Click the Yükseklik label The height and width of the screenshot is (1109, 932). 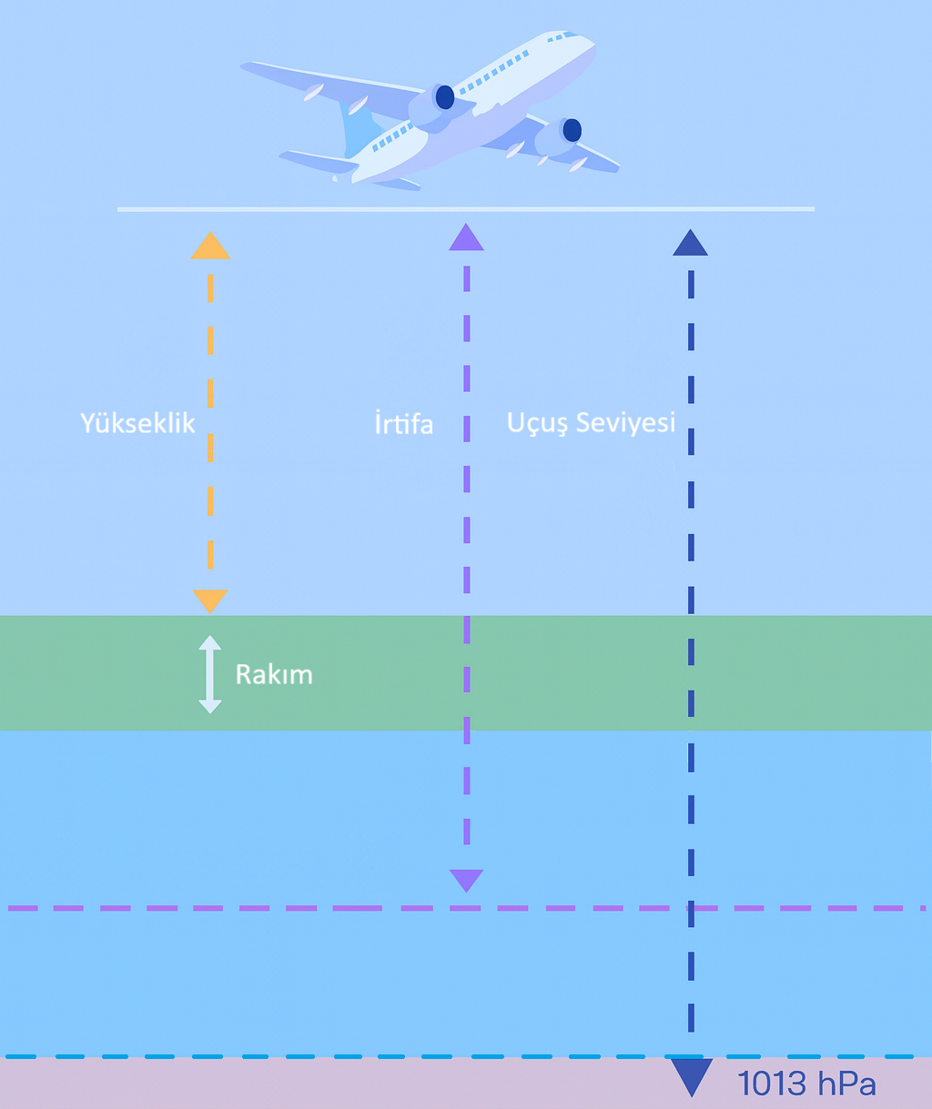[137, 424]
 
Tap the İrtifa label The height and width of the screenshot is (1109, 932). [403, 424]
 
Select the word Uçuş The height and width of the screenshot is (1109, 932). [536, 424]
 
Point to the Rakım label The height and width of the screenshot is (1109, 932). [273, 674]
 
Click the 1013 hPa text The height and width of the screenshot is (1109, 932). [806, 1084]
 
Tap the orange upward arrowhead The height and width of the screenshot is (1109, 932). [210, 247]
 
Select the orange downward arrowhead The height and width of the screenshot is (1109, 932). [210, 600]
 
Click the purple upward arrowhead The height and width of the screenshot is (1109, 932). [466, 237]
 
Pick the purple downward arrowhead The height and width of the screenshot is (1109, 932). [466, 880]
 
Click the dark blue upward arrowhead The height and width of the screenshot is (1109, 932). [690, 243]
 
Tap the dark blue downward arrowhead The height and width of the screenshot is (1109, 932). [691, 1076]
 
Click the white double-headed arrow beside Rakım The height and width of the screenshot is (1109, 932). [210, 674]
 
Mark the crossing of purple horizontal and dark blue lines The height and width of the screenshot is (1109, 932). [691, 908]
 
